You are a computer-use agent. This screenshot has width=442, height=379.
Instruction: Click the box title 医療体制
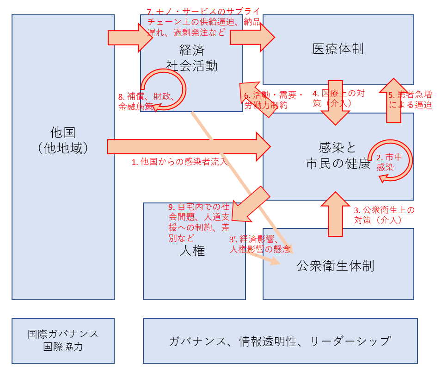[338, 49]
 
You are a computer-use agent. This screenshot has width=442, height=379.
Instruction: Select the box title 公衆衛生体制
[335, 266]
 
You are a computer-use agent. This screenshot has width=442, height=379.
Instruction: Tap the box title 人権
[192, 251]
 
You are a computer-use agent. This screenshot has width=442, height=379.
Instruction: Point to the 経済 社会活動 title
[191, 58]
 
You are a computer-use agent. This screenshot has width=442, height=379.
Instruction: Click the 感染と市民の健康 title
[338, 156]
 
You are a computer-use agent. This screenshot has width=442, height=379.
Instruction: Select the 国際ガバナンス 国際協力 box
[63, 340]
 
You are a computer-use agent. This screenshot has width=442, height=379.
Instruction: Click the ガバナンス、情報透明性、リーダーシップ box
[280, 341]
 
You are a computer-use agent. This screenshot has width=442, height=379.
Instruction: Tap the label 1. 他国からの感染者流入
[180, 162]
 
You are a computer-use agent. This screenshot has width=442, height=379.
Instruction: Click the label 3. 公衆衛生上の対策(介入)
[384, 215]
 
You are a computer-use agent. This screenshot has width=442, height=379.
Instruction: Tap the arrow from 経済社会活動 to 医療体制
[252, 37]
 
